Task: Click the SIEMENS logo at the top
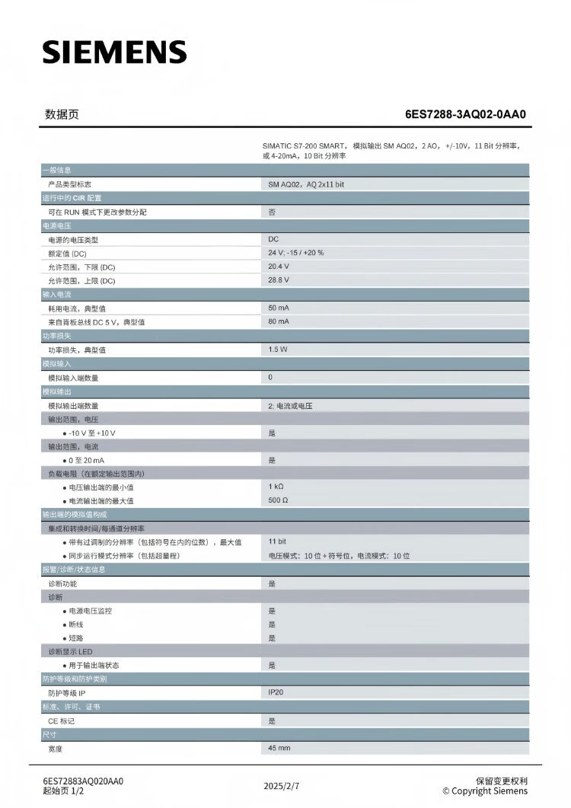tap(114, 52)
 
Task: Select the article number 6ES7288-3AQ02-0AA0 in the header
tap(465, 115)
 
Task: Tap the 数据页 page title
tap(62, 115)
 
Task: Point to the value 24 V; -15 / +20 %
tap(295, 253)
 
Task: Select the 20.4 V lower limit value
tap(279, 267)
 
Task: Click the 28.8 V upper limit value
tap(279, 280)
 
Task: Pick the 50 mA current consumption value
tap(279, 308)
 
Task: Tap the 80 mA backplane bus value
tap(279, 321)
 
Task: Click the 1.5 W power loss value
tap(278, 350)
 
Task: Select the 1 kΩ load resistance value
tap(276, 487)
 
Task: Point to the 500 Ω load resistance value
tap(278, 500)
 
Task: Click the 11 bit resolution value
tap(277, 541)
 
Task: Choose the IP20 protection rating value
tap(276, 692)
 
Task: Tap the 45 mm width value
tap(279, 749)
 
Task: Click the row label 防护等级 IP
tap(67, 693)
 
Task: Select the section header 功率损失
tap(57, 336)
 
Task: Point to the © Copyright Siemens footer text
tap(484, 790)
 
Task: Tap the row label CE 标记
tap(62, 720)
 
